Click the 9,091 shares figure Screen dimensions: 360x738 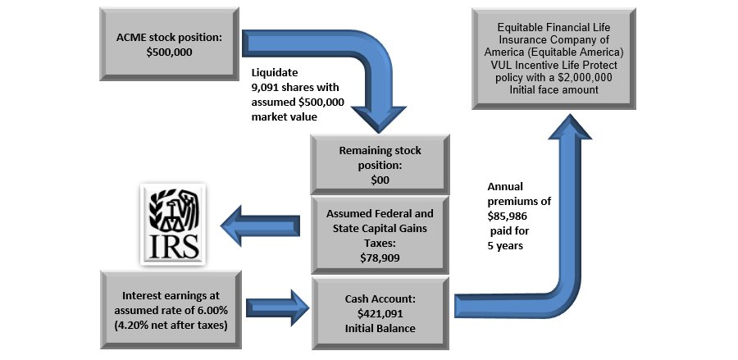[x=268, y=88]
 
